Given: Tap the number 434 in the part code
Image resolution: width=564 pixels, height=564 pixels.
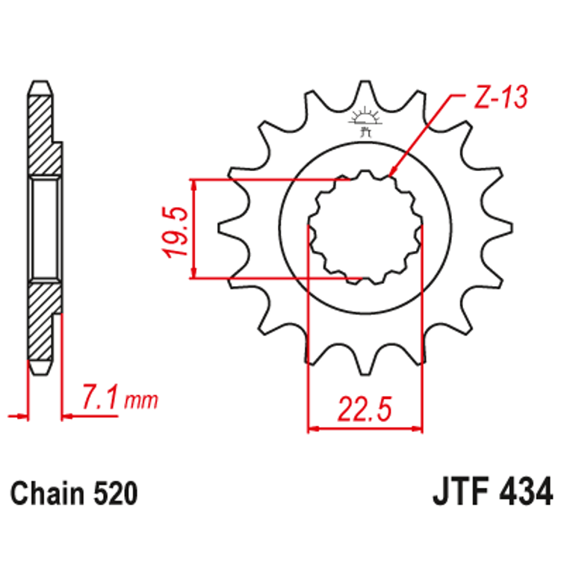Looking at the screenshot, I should tap(526, 493).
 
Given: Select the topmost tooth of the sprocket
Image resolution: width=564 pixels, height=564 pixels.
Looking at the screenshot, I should tap(365, 93).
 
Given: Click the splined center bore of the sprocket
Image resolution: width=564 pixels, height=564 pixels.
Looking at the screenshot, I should tap(365, 228).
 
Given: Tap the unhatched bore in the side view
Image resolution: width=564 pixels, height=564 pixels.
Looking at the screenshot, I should tap(43, 228).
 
